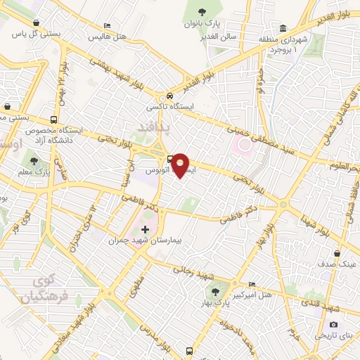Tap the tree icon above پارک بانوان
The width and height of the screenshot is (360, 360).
click(202, 11)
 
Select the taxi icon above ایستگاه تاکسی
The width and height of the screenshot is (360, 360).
click(169, 96)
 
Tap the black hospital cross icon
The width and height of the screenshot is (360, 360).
click(145, 229)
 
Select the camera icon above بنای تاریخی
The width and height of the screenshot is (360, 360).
click(333, 324)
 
